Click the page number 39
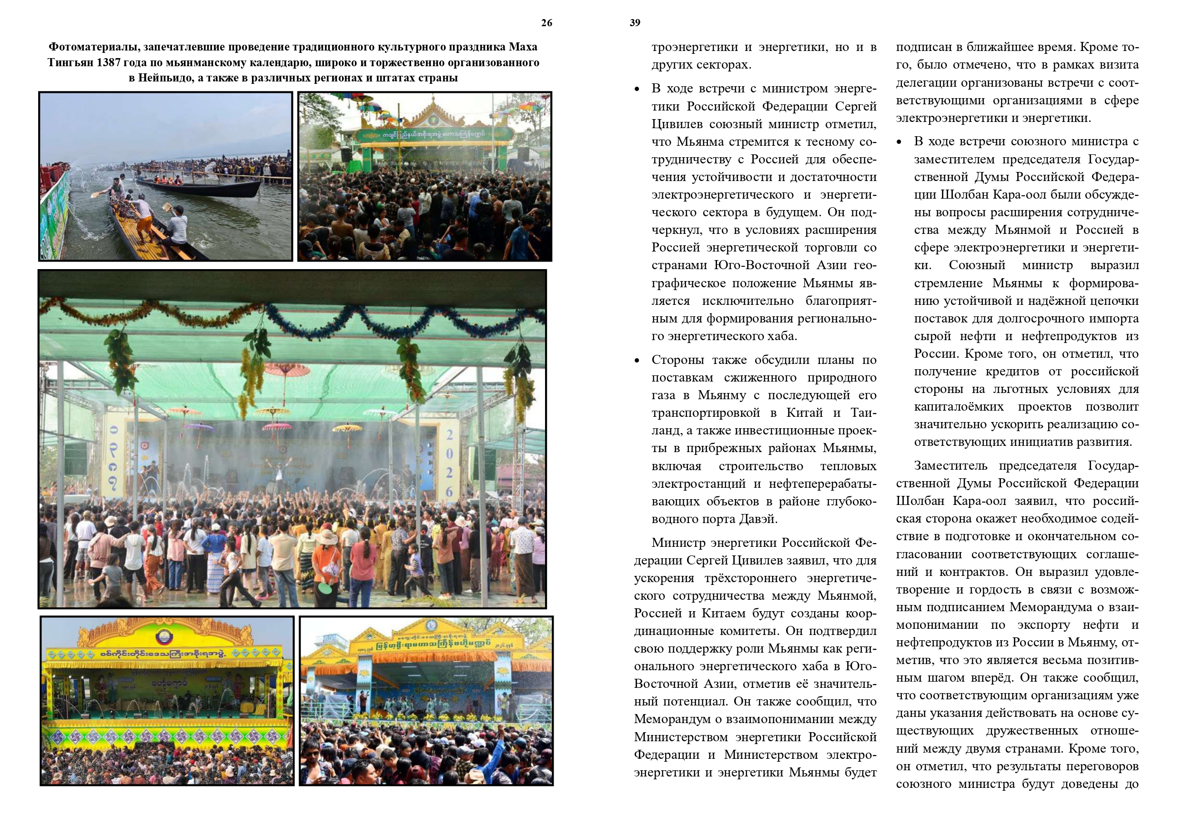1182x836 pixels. (x=635, y=23)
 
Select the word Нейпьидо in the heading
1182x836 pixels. (x=166, y=78)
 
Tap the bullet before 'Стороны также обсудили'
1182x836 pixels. (x=637, y=361)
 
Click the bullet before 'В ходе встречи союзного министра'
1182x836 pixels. (x=899, y=142)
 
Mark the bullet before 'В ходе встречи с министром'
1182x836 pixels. (x=637, y=90)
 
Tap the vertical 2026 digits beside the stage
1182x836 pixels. (x=449, y=463)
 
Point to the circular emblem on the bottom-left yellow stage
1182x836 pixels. (x=165, y=637)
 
